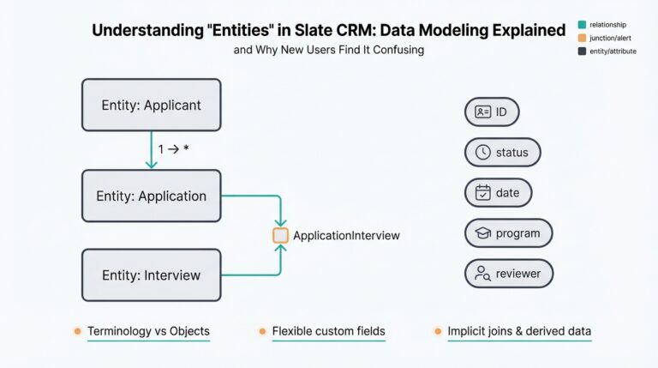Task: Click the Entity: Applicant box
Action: tap(151, 105)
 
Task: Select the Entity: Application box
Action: tap(151, 196)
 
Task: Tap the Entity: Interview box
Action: tap(151, 275)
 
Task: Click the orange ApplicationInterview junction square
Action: tap(280, 235)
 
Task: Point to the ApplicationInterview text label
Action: tap(346, 235)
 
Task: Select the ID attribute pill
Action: tap(492, 112)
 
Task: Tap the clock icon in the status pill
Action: tap(483, 153)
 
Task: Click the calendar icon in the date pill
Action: tap(483, 193)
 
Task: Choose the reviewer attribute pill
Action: tap(508, 274)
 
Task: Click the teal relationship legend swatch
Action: tap(583, 25)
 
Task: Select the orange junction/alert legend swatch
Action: tap(583, 38)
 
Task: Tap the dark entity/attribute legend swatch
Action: tap(583, 51)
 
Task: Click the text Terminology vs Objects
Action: tap(148, 331)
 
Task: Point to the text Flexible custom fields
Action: tap(328, 331)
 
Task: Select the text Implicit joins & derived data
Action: tap(519, 331)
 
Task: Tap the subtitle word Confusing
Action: tap(397, 50)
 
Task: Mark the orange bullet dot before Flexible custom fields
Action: tap(261, 331)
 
